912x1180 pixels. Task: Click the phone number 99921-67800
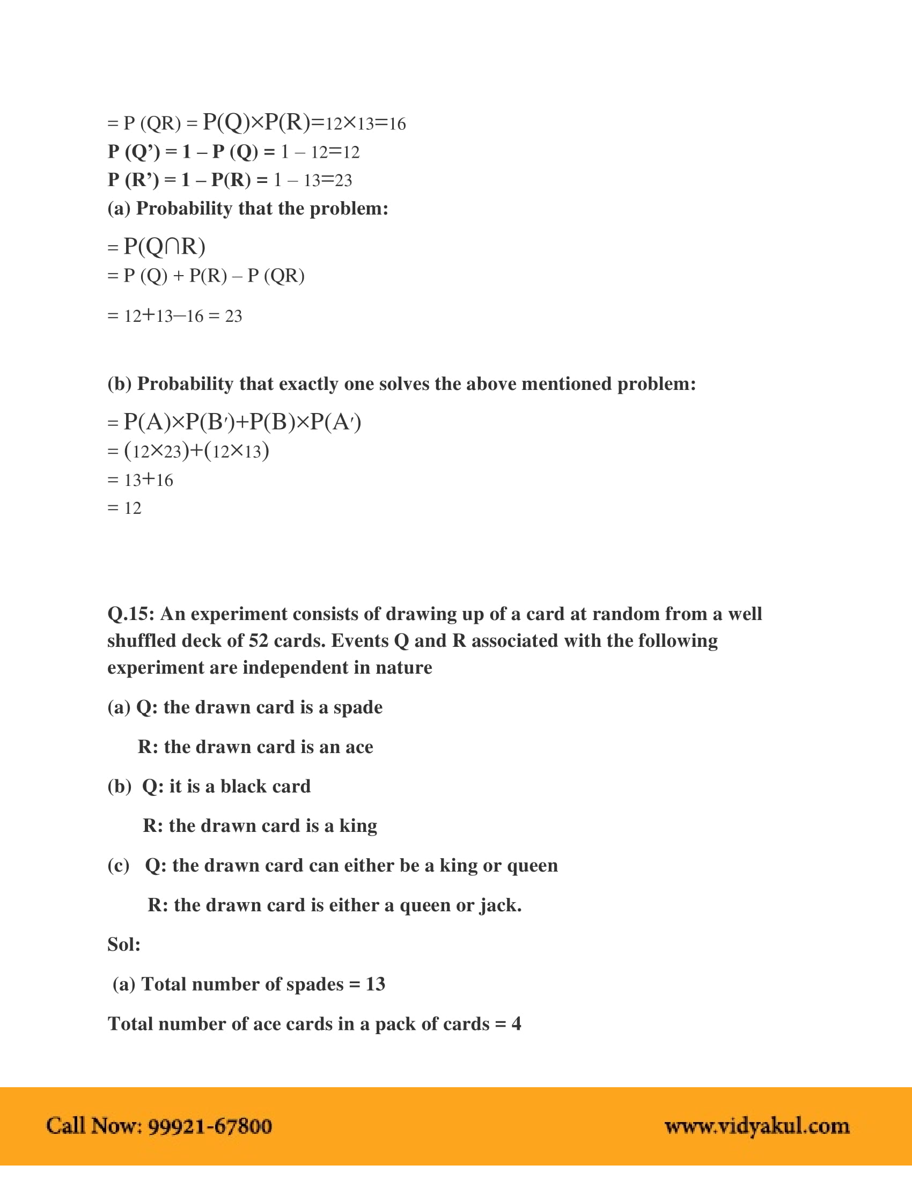tap(210, 1126)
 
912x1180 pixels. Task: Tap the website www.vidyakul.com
tap(756, 1126)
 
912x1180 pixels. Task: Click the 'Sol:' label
tap(124, 945)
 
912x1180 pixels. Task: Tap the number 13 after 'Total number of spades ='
tap(375, 984)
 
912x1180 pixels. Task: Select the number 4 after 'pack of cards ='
tap(516, 1024)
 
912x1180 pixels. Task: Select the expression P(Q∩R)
tap(164, 246)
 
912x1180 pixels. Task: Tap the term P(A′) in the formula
tap(343, 422)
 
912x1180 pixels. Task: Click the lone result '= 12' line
tap(125, 508)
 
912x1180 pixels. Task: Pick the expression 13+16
tap(149, 480)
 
